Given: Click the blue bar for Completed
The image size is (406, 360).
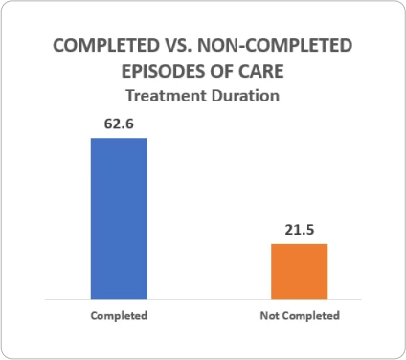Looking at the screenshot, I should tap(119, 218).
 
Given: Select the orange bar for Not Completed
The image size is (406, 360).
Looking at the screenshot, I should tap(300, 271).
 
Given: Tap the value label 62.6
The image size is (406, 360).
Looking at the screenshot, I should tap(119, 124).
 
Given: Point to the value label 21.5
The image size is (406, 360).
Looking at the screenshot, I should tap(300, 229).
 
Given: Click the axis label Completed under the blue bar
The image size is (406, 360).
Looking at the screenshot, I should tap(119, 315).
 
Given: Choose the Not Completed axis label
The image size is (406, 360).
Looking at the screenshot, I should tap(300, 315).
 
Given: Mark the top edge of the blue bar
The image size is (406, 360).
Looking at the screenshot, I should tap(119, 139).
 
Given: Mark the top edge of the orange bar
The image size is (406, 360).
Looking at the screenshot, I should tap(300, 244).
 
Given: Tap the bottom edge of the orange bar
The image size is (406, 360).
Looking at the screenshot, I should tap(300, 298).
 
